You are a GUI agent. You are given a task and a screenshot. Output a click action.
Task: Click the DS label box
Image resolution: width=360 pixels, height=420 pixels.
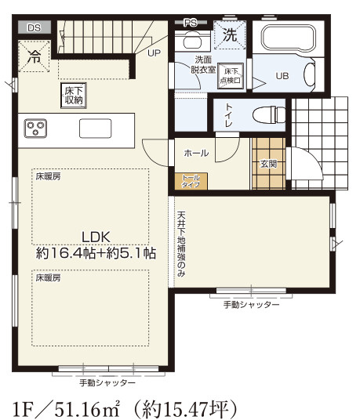[x=34, y=27]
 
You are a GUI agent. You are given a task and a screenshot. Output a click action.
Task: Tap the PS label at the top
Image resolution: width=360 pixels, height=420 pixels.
[x=191, y=24]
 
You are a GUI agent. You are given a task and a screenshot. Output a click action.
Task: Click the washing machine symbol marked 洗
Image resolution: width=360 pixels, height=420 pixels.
[x=230, y=35]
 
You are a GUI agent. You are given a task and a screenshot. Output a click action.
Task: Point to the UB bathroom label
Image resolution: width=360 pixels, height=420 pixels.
[x=282, y=76]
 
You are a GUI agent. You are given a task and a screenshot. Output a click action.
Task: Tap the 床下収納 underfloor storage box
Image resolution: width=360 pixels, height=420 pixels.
[x=71, y=95]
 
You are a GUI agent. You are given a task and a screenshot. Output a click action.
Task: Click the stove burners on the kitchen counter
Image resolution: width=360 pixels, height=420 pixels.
[x=35, y=126]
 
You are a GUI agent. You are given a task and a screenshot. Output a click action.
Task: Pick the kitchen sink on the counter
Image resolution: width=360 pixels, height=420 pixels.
[x=95, y=127]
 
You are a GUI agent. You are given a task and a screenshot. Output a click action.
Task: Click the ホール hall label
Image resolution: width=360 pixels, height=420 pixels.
[x=196, y=154]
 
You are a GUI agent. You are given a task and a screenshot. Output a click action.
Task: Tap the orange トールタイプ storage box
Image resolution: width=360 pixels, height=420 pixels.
[x=191, y=181]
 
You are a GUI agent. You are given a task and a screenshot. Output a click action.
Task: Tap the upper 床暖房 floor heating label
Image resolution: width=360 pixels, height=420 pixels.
[x=47, y=177]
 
